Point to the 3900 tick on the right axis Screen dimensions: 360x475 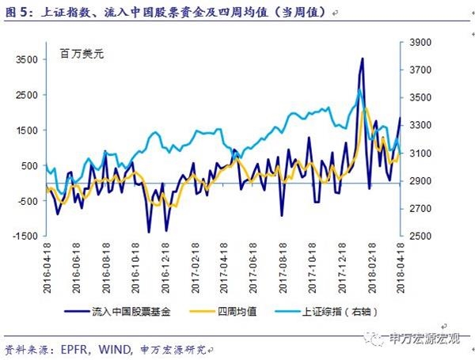(x=419, y=43)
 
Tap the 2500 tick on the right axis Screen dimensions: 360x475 (x=419, y=236)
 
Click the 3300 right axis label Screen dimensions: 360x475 (x=419, y=125)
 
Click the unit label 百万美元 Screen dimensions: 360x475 (x=82, y=56)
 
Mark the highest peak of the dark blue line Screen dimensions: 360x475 (x=363, y=59)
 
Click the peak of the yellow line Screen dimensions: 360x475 (x=366, y=107)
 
